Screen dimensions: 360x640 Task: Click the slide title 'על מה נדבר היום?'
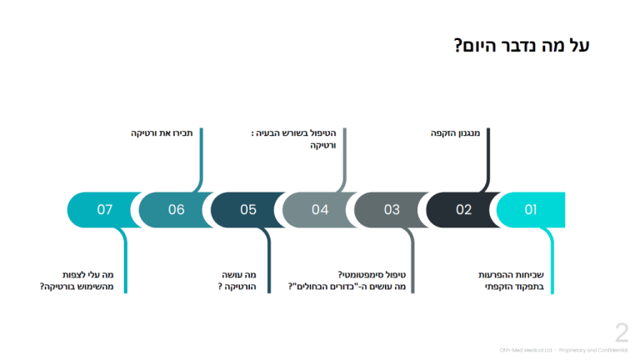pyautogui.click(x=522, y=46)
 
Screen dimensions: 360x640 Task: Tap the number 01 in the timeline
pyautogui.click(x=531, y=210)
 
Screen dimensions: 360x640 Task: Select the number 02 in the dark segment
pyautogui.click(x=463, y=210)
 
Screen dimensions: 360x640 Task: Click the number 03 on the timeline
pyautogui.click(x=392, y=210)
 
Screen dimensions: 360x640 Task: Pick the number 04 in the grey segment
pyautogui.click(x=320, y=210)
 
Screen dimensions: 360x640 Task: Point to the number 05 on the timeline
pyautogui.click(x=248, y=210)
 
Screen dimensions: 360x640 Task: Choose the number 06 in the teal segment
pyautogui.click(x=176, y=210)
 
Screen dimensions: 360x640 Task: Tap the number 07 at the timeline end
pyautogui.click(x=104, y=210)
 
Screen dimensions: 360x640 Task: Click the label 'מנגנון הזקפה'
pyautogui.click(x=455, y=133)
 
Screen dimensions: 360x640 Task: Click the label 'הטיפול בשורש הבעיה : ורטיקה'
pyautogui.click(x=299, y=139)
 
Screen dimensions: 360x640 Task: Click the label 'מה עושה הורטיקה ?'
pyautogui.click(x=237, y=281)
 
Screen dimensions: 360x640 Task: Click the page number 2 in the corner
pyautogui.click(x=622, y=333)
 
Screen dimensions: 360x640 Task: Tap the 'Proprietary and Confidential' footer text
pyautogui.click(x=592, y=351)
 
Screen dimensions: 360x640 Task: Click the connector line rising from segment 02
pyautogui.click(x=488, y=158)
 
